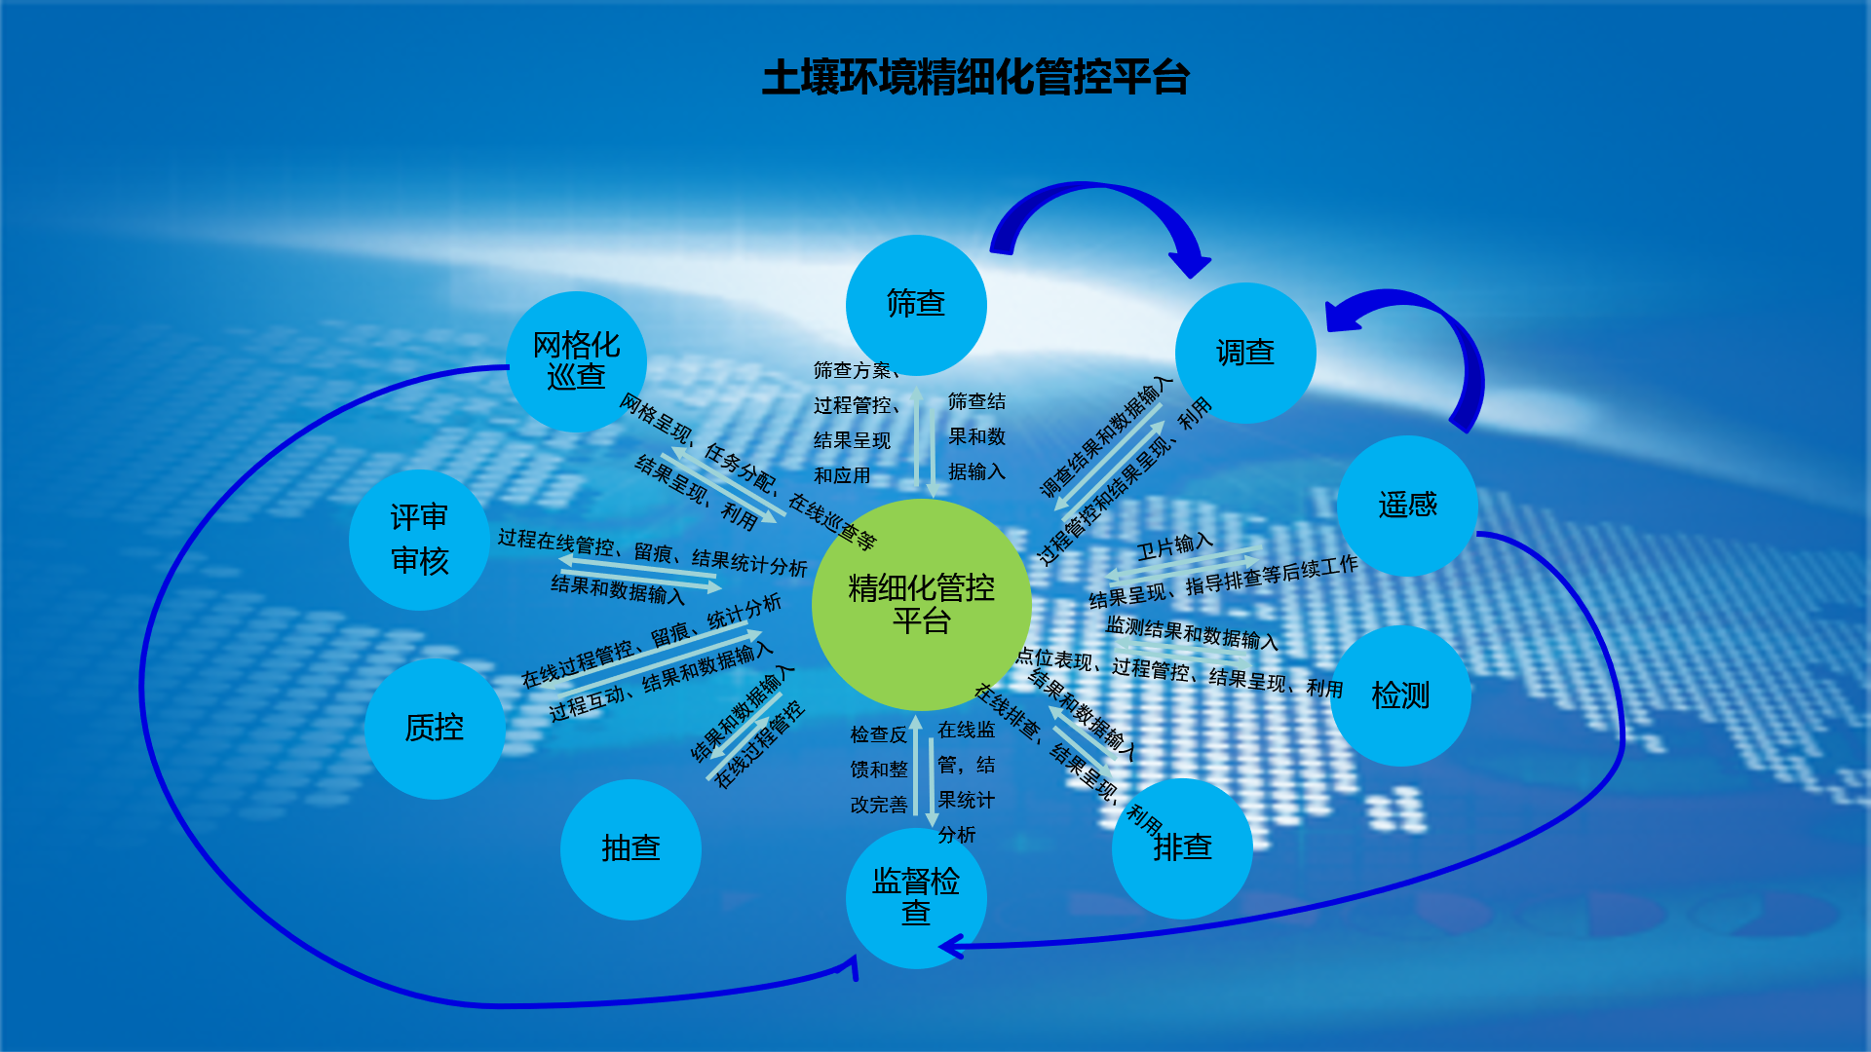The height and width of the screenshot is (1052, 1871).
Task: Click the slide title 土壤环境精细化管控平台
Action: pos(975,78)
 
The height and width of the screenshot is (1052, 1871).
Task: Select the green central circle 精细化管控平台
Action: pos(921,605)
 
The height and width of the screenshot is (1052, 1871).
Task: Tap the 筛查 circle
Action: pos(916,305)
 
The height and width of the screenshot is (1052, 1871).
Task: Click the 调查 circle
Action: pos(1245,353)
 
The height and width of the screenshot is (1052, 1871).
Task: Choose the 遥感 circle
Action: pos(1407,506)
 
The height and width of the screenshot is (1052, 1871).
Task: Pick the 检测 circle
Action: pos(1400,695)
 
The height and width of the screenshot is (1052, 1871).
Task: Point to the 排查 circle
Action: pos(1182,848)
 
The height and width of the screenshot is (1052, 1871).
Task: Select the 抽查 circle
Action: pos(630,849)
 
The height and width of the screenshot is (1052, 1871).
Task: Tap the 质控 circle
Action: pos(435,729)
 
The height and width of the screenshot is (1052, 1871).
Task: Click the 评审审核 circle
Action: pos(419,540)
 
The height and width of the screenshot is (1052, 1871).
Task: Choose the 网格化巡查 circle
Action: pos(577,361)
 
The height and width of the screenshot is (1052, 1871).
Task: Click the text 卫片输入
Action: pos(1175,546)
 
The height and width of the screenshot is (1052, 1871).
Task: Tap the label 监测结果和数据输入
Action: pos(1192,632)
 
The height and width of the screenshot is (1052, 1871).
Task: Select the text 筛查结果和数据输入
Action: pos(976,436)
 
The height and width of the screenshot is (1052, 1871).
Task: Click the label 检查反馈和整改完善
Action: pos(879,770)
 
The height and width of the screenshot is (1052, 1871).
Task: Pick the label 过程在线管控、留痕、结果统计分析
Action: pos(653,552)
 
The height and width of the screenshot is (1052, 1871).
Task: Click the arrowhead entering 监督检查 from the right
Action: pos(950,946)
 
